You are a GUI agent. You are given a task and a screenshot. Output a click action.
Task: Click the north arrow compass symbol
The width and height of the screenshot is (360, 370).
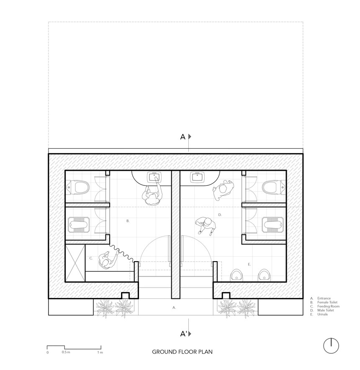click(331, 345)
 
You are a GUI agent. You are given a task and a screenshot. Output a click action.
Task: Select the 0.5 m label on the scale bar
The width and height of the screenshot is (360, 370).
click(66, 353)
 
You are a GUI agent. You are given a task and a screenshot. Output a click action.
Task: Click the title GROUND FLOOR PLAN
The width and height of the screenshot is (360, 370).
click(182, 352)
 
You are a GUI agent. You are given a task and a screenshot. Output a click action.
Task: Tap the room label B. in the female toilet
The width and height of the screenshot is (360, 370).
click(128, 220)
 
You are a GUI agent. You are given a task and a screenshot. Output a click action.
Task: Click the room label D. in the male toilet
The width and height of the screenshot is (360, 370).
click(220, 215)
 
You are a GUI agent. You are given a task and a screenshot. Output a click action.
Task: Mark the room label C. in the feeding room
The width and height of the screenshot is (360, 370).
click(90, 258)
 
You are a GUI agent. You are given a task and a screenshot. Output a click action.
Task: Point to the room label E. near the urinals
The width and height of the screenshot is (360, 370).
click(249, 264)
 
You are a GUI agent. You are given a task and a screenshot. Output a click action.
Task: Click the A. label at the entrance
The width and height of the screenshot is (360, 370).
click(174, 307)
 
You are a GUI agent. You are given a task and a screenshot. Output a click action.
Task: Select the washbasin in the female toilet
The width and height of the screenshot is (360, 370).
click(154, 177)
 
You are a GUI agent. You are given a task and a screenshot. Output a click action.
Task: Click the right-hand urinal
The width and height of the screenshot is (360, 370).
click(263, 275)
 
